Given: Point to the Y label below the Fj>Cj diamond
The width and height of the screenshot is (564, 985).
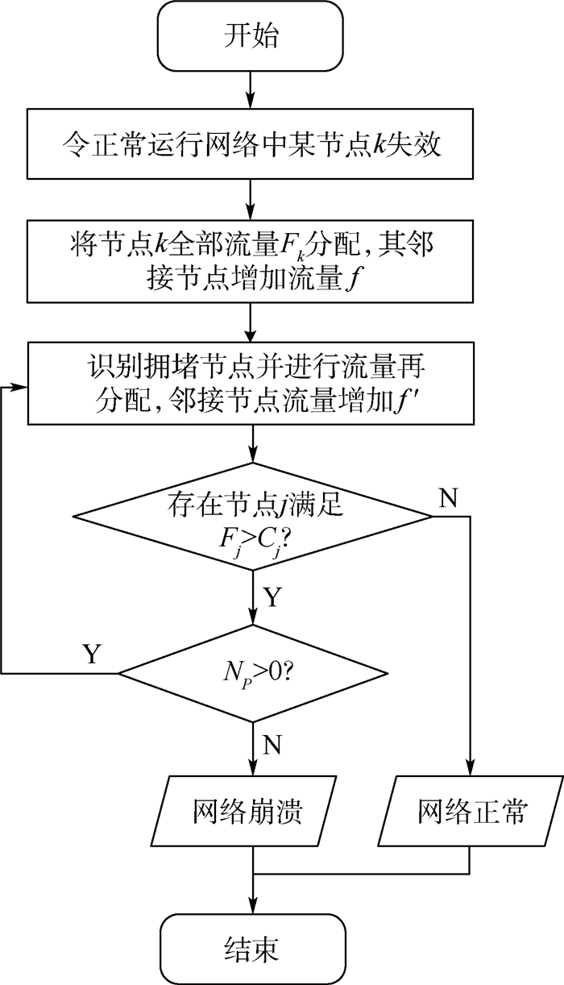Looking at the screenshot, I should coord(274,597).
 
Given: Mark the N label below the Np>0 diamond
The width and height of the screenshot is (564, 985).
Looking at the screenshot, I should coord(272,744).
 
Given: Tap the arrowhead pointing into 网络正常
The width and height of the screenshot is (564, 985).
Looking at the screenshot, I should coord(470,771).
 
